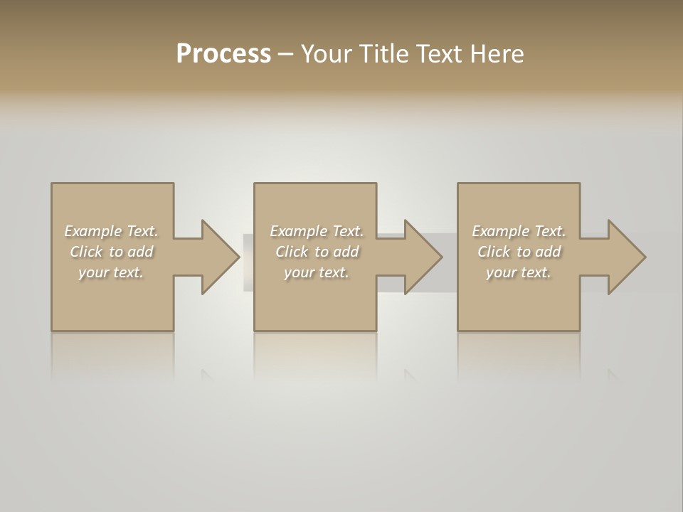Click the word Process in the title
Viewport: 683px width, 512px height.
pyautogui.click(x=223, y=54)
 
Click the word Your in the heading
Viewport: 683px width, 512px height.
pyautogui.click(x=324, y=54)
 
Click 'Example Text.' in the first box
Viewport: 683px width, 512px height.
pyautogui.click(x=111, y=231)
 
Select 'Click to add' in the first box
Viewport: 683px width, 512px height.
pyautogui.click(x=111, y=252)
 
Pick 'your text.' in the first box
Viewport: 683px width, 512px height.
pyautogui.click(x=111, y=272)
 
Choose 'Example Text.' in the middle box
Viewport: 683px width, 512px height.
pyautogui.click(x=317, y=231)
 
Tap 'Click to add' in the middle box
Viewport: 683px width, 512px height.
pyautogui.click(x=317, y=252)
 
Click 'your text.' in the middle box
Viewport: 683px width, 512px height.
pyautogui.click(x=317, y=272)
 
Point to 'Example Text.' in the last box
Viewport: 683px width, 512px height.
pyautogui.click(x=519, y=231)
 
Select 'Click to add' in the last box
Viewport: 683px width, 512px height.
pyautogui.click(x=519, y=252)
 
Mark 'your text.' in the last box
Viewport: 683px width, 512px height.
pyautogui.click(x=519, y=272)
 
